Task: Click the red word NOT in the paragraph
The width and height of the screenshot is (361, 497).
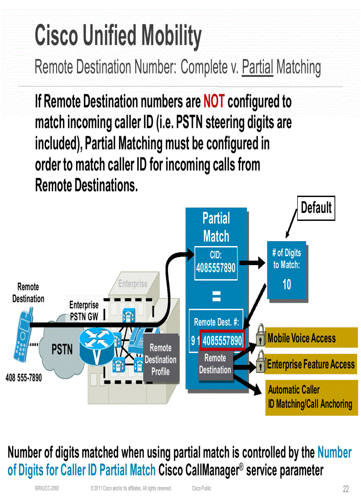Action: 214,102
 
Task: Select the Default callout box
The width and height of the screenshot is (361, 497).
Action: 316,208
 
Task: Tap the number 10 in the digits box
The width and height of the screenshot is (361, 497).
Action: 287,285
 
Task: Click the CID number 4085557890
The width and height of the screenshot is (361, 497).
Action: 216,268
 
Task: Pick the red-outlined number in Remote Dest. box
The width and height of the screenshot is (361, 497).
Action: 222,341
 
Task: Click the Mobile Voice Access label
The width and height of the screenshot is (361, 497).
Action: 301,339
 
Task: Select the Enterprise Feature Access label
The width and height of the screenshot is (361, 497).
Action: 311,364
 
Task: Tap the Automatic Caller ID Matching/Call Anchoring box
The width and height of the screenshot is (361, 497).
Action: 311,397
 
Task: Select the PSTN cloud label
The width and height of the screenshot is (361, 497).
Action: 62,350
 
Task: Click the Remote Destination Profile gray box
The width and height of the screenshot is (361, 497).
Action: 161,359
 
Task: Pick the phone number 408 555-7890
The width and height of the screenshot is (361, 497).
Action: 23,378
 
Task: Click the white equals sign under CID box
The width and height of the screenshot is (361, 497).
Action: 216,297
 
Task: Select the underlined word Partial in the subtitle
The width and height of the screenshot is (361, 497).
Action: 257,68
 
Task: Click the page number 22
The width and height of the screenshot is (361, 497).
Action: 346,489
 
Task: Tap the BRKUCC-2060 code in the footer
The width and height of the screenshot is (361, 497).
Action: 47,489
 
